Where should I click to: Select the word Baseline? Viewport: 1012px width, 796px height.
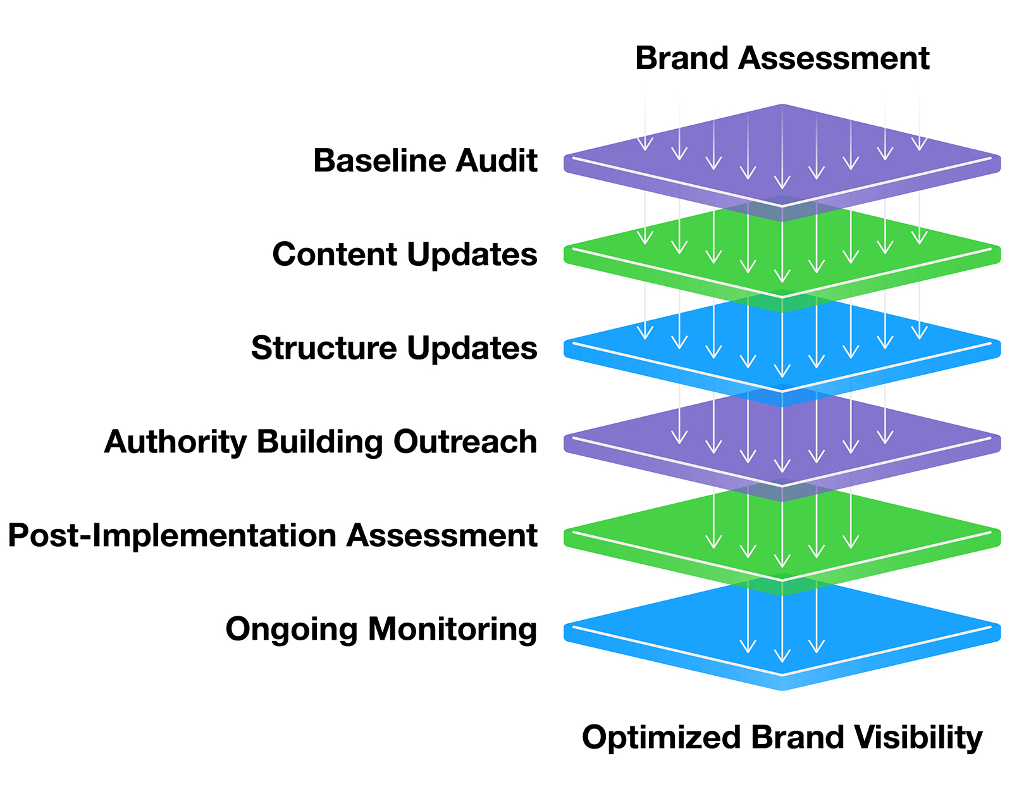pos(379,161)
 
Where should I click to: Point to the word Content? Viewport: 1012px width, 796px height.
pos(335,254)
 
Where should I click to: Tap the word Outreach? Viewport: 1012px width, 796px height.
pos(465,442)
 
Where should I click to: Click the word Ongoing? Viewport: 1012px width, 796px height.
pos(292,629)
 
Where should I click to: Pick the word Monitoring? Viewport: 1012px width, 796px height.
pos(453,629)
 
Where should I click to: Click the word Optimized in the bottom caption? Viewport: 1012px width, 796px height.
pos(661,738)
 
